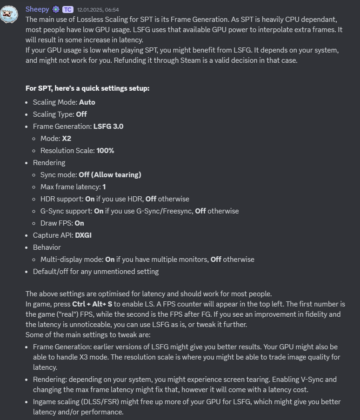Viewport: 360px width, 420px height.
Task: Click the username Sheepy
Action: (37, 9)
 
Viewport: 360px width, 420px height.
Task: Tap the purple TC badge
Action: (67, 9)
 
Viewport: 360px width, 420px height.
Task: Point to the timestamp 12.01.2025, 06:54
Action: (98, 9)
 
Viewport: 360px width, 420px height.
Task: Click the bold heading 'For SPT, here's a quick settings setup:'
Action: (87, 88)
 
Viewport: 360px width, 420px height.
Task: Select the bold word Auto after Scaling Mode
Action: (87, 102)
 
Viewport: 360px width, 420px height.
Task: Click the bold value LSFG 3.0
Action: (108, 126)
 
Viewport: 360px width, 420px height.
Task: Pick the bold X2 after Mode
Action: (67, 138)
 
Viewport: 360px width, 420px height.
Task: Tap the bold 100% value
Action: (105, 150)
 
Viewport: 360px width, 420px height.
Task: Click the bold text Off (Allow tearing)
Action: (110, 174)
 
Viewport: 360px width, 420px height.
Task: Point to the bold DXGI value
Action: (83, 235)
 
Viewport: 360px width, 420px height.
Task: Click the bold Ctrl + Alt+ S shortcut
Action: (92, 304)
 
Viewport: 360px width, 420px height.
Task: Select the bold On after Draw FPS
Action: (79, 223)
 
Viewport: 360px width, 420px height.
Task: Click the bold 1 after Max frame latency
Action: (104, 187)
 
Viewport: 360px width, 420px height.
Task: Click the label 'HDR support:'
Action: (61, 199)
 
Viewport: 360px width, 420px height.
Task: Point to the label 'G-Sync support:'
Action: (66, 211)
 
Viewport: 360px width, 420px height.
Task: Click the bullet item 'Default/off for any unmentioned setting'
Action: (96, 271)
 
